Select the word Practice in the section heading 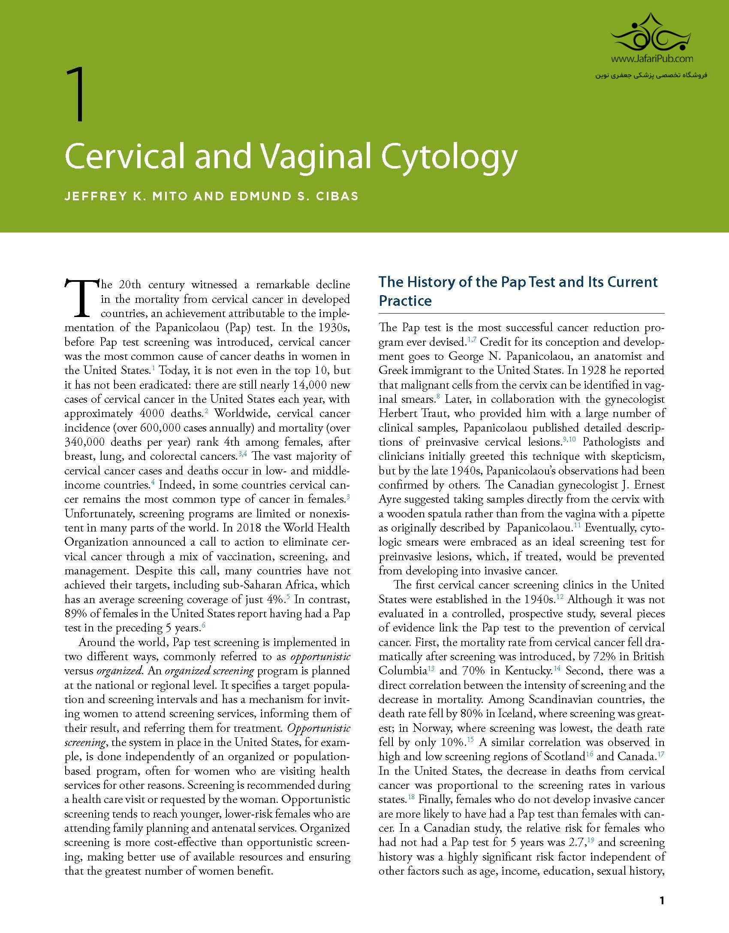pyautogui.click(x=405, y=301)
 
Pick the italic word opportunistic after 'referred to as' pyautogui.click(x=320, y=657)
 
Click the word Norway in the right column pyautogui.click(x=432, y=728)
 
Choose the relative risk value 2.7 pyautogui.click(x=575, y=842)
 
